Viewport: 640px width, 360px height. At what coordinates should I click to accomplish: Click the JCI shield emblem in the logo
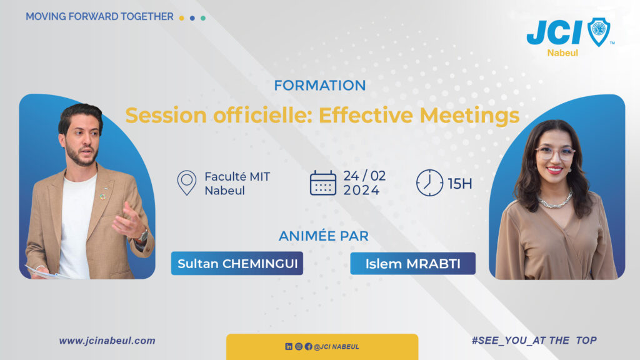coord(599,32)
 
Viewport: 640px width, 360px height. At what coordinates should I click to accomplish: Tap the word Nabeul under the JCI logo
coord(562,53)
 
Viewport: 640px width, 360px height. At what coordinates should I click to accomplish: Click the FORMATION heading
coord(319,85)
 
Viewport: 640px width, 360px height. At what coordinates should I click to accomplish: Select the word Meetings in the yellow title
coord(469,115)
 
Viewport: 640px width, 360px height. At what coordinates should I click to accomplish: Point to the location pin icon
coord(186,182)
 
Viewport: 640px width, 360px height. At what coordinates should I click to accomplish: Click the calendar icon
coord(323,183)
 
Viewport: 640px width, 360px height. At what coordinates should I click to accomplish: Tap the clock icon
coord(429,183)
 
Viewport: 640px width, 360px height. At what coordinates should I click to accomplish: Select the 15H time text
coord(460,184)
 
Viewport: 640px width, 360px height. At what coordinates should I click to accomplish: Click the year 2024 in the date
coord(361,190)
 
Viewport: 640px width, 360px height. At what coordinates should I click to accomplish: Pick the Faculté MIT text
coord(237,177)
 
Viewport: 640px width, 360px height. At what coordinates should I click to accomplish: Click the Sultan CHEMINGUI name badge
coord(237,263)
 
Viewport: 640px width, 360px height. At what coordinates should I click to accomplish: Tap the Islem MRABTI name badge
coord(412,264)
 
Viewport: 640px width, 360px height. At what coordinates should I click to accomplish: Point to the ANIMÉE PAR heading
coord(324,236)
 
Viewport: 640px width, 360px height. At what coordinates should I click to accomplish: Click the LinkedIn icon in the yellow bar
coord(289,346)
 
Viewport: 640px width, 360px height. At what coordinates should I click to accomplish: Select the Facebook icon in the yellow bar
coord(309,346)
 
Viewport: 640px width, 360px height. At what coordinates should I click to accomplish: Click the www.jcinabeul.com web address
coord(107,341)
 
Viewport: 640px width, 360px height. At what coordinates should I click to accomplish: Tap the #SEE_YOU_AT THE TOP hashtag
coord(534,341)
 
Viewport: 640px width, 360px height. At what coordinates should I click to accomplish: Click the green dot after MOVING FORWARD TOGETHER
coord(203,18)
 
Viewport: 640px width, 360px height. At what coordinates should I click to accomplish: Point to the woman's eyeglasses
coord(555,154)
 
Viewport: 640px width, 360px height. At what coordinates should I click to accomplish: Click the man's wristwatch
coord(143,236)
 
